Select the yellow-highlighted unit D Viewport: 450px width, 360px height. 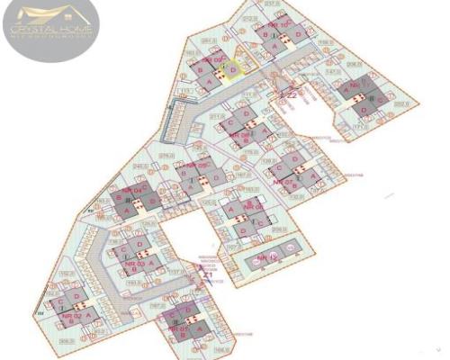(x=233, y=69)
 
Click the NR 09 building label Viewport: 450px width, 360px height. (x=212, y=59)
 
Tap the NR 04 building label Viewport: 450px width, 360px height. (x=134, y=192)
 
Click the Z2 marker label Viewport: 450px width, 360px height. (x=291, y=94)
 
